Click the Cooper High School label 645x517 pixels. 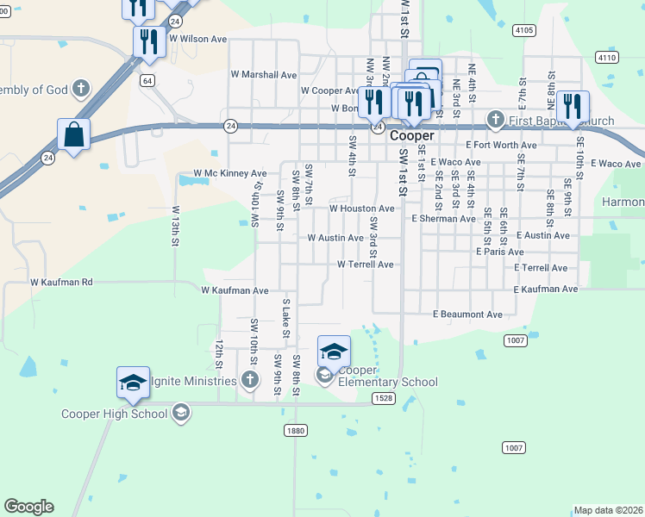click(x=114, y=414)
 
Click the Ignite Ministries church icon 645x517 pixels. click(x=249, y=380)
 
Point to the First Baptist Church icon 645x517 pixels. click(x=495, y=119)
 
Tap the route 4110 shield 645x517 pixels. click(x=606, y=57)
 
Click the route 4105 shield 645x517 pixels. click(x=523, y=30)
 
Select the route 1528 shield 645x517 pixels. click(x=385, y=398)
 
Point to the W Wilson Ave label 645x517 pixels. click(x=197, y=39)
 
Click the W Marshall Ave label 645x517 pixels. click(x=263, y=75)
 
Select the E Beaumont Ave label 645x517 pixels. click(x=467, y=315)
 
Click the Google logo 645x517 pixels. click(x=28, y=507)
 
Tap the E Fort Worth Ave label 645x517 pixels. click(x=501, y=146)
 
